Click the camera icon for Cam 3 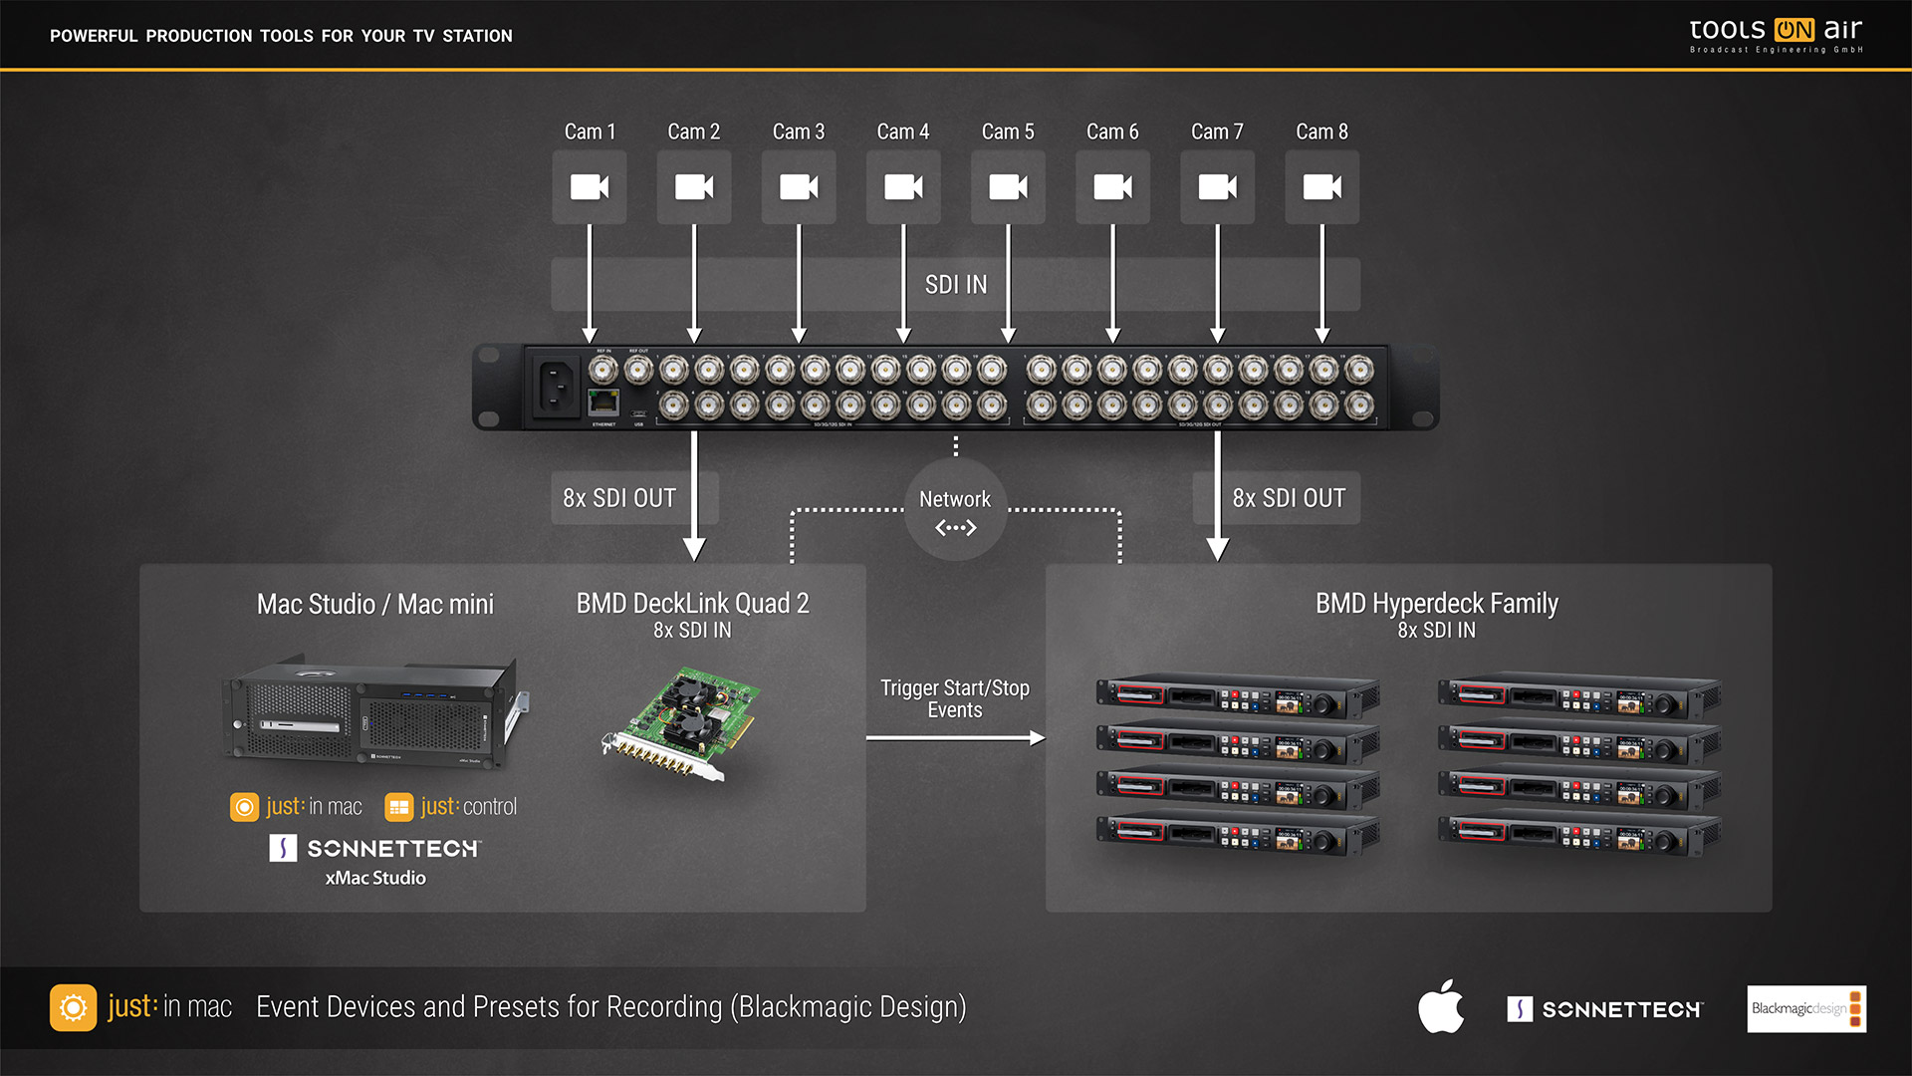[x=799, y=187]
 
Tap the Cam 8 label [x=1321, y=132]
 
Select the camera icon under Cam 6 [x=1112, y=187]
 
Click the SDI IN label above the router [x=956, y=285]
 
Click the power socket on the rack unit [x=556, y=386]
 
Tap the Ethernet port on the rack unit [x=603, y=403]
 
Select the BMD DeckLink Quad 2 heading [x=692, y=604]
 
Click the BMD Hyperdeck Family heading [x=1436, y=604]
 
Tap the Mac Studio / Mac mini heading [x=375, y=605]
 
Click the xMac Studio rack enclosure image [x=374, y=712]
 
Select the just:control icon [x=399, y=807]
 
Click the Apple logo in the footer [x=1441, y=1007]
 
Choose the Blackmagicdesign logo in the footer [x=1806, y=1009]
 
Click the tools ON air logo [x=1776, y=34]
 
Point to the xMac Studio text [x=375, y=878]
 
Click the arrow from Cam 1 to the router [x=590, y=284]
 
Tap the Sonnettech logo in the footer [x=1604, y=1009]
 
